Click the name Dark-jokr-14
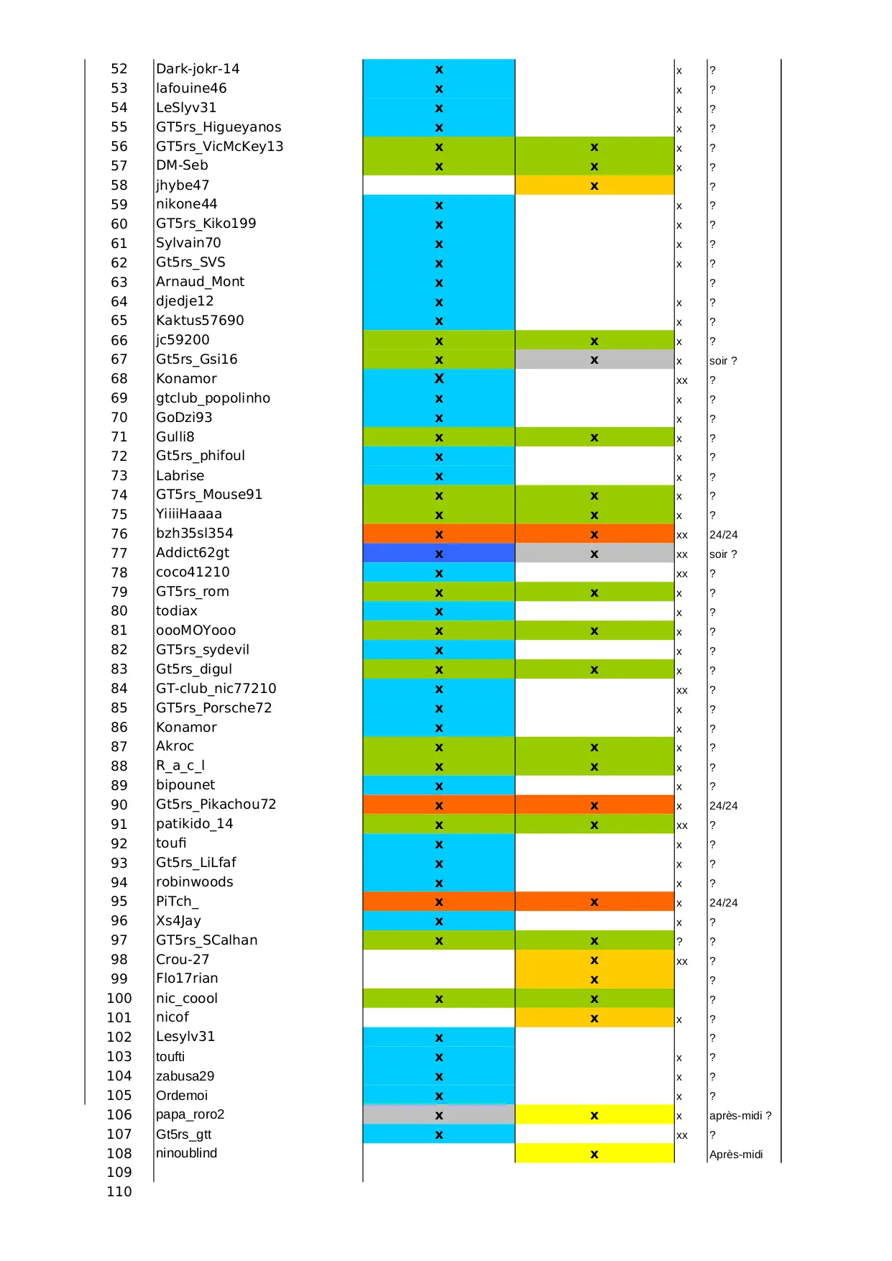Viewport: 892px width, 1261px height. (198, 69)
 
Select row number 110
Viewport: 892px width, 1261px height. (119, 1191)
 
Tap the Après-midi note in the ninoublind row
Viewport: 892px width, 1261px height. (735, 1155)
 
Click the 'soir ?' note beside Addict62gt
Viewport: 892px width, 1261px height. (722, 554)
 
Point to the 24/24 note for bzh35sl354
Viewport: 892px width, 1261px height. (723, 535)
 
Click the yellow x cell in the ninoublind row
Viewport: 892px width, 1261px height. (594, 1154)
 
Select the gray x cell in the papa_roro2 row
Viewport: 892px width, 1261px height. (438, 1115)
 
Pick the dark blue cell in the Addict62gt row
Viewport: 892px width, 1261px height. (438, 554)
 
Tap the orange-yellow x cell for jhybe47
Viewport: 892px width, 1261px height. (594, 185)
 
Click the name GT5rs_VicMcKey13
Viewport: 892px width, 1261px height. (219, 147)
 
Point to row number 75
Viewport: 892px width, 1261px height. (119, 515)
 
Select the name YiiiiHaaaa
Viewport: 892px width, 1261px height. (189, 514)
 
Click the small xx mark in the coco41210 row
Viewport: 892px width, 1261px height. (681, 574)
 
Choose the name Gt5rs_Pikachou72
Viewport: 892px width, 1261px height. (216, 804)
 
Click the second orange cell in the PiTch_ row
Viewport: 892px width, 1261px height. (594, 902)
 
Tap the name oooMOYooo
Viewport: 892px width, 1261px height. (196, 630)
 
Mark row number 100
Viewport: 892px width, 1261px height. (119, 999)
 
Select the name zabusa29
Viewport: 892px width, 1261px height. (185, 1076)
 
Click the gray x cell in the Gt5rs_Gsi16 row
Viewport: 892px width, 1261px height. (594, 359)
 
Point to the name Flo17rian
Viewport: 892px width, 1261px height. (187, 978)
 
